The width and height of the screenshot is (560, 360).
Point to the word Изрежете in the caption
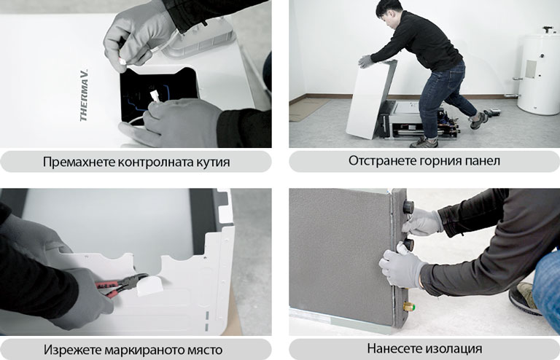71,349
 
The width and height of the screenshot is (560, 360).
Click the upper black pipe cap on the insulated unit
408,207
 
